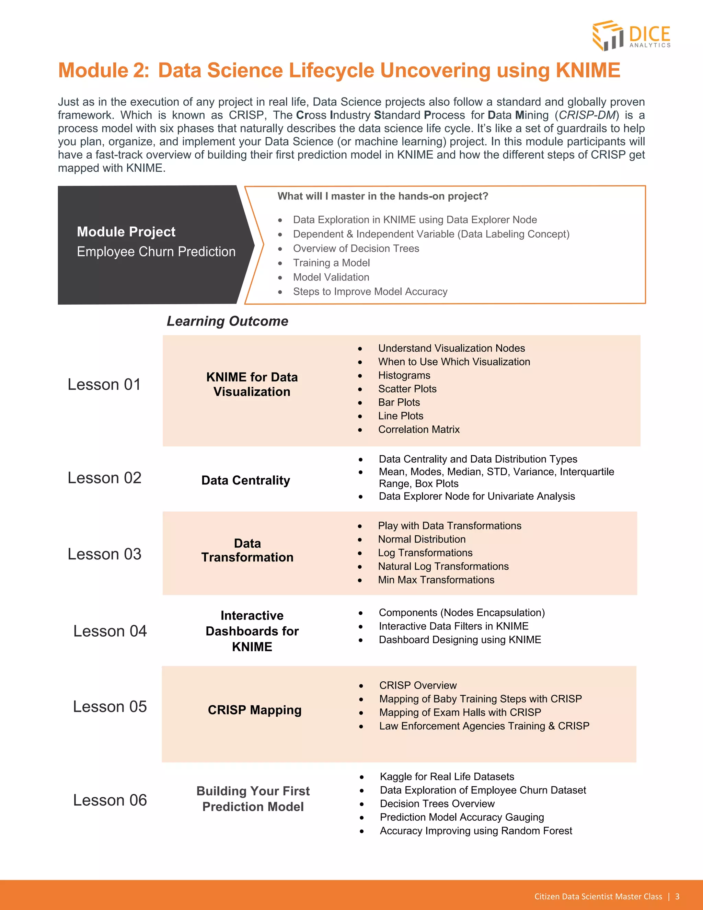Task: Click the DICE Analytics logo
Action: (x=631, y=36)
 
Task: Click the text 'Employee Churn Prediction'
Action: (x=156, y=252)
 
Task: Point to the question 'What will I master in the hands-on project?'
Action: (x=382, y=196)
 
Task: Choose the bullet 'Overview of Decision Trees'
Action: (x=356, y=248)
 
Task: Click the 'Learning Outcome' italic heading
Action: (x=227, y=321)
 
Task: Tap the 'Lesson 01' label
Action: (x=104, y=384)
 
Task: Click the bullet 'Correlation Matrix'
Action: (x=418, y=429)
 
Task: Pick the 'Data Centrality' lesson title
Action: (x=245, y=480)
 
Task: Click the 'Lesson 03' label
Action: (x=105, y=554)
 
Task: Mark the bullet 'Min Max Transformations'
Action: (x=436, y=580)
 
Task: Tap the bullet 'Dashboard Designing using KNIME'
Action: (x=459, y=640)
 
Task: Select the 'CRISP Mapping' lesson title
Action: (x=254, y=710)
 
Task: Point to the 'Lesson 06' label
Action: (x=110, y=800)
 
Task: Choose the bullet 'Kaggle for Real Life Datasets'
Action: (x=447, y=777)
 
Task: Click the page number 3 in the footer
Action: (x=677, y=896)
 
